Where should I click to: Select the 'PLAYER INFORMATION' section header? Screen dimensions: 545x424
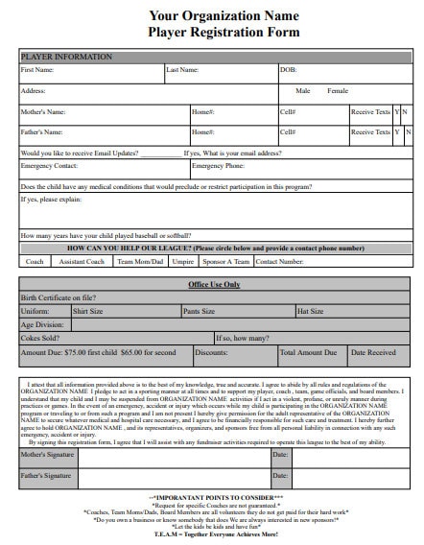point(59,58)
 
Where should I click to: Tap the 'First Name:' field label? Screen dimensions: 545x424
point(37,70)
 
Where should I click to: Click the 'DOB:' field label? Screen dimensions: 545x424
point(288,70)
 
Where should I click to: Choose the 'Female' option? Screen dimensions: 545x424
point(338,90)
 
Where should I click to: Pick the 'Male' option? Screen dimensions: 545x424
point(303,90)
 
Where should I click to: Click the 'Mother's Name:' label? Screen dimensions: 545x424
point(42,111)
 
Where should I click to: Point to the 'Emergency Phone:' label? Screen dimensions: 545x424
point(218,165)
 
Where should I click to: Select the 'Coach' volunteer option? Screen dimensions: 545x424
point(35,261)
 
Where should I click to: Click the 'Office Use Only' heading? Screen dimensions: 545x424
point(214,285)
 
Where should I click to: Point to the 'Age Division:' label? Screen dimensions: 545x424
point(42,324)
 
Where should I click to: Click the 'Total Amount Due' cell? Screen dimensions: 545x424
point(307,352)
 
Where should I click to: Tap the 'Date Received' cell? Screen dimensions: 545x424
point(373,352)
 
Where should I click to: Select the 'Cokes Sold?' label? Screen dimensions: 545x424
point(39,338)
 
